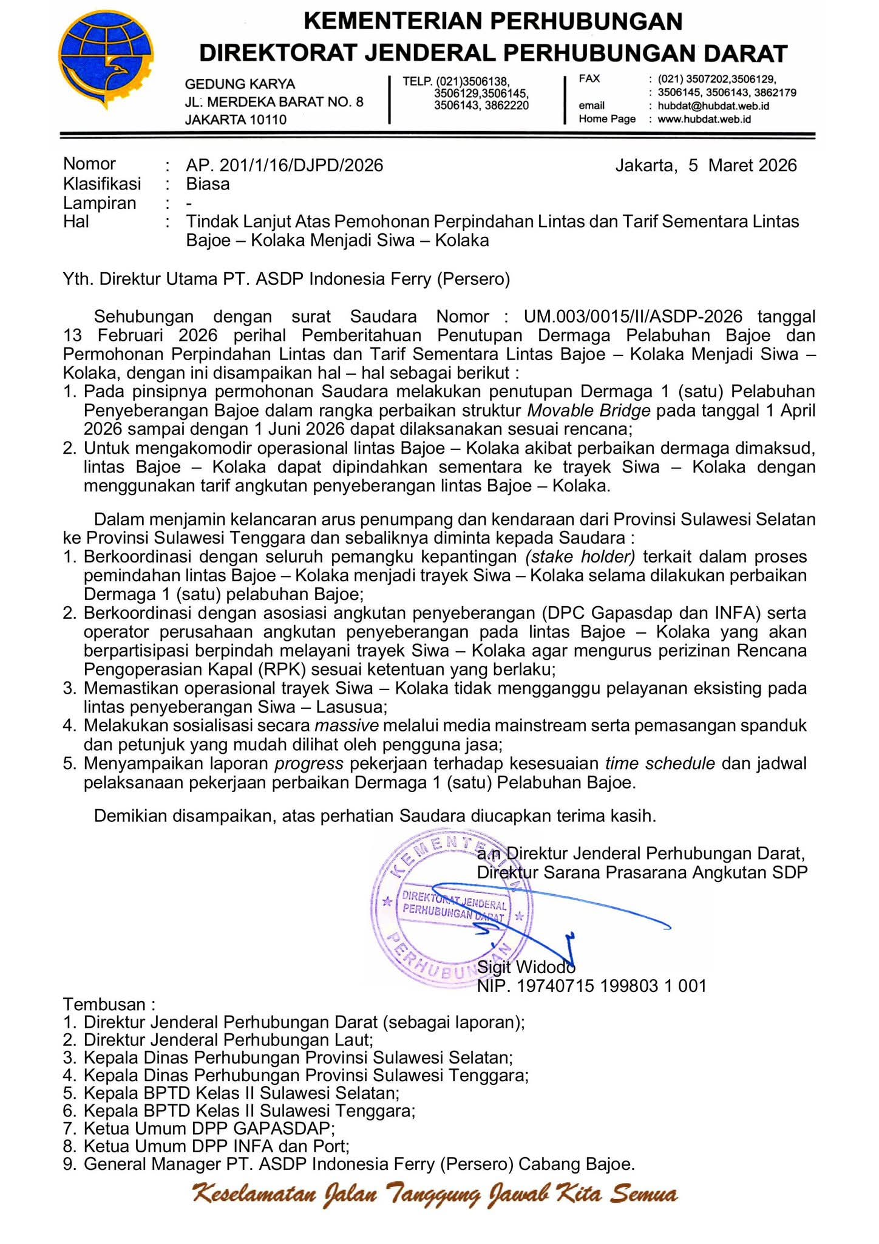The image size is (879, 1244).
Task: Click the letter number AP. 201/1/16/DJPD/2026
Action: pyautogui.click(x=285, y=165)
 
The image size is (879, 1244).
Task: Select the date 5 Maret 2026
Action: pyautogui.click(x=742, y=165)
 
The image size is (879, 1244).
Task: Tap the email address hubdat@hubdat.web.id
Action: pyautogui.click(x=713, y=106)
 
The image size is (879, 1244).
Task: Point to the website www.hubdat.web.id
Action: pyautogui.click(x=704, y=119)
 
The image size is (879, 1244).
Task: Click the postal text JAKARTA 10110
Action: pyautogui.click(x=236, y=120)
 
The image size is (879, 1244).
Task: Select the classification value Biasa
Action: pyautogui.click(x=208, y=184)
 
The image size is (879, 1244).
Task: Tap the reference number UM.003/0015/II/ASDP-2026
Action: pyautogui.click(x=633, y=316)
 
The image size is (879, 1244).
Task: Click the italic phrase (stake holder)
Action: pyautogui.click(x=580, y=556)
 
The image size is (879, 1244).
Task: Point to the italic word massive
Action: pyautogui.click(x=347, y=725)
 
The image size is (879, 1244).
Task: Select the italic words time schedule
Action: pyautogui.click(x=660, y=763)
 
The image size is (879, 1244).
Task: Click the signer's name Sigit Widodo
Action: pyautogui.click(x=526, y=966)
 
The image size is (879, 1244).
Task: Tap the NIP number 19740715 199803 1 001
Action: pyautogui.click(x=611, y=985)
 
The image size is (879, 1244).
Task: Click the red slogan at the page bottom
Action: pyautogui.click(x=435, y=1195)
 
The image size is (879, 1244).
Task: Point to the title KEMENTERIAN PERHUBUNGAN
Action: pyautogui.click(x=492, y=21)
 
